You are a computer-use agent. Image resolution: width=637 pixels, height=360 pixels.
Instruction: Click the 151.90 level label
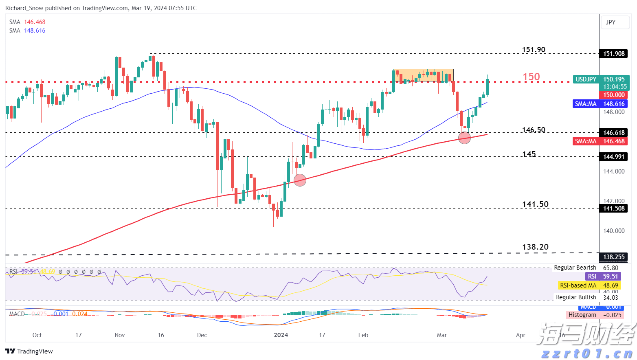(x=534, y=50)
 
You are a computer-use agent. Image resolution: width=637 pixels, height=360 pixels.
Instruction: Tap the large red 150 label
(x=531, y=77)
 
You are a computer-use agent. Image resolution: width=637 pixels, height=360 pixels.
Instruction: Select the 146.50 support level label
(x=534, y=130)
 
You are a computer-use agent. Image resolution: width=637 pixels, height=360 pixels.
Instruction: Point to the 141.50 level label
(x=535, y=204)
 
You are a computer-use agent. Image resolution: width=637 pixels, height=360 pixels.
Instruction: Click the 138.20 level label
(x=535, y=247)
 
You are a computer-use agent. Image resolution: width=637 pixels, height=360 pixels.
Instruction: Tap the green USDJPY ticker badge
(x=586, y=79)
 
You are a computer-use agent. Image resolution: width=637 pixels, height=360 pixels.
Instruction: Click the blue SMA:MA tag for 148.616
(x=586, y=104)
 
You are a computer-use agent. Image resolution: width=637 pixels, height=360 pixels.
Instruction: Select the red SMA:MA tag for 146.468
(x=586, y=141)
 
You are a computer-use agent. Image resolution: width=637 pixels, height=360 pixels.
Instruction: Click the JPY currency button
(x=611, y=22)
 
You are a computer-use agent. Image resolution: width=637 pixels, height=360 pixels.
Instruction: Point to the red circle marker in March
(x=464, y=138)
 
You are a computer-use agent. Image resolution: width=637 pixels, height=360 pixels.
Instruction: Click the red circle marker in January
(x=300, y=180)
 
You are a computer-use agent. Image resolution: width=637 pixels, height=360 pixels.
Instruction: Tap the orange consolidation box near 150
(x=423, y=75)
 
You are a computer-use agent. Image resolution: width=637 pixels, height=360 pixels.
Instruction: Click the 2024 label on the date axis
(x=281, y=335)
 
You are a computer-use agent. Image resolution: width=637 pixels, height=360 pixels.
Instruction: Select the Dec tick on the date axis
(x=202, y=335)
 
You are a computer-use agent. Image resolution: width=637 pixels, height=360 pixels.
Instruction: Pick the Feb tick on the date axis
(x=363, y=335)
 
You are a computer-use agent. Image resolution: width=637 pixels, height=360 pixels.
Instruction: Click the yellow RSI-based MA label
(x=578, y=285)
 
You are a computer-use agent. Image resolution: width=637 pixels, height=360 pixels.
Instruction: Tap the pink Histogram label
(x=582, y=315)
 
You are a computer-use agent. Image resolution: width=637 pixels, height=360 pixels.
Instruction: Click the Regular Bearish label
(x=575, y=268)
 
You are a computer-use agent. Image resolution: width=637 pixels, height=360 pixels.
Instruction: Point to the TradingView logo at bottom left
(x=29, y=351)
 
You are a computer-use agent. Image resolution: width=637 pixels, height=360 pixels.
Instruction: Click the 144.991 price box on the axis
(x=614, y=157)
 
